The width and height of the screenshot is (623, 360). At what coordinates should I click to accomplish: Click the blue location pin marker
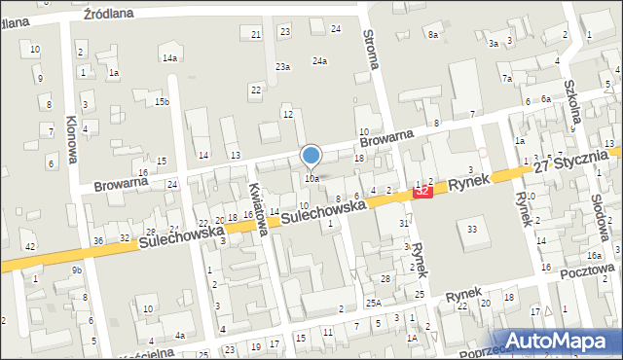[311, 156]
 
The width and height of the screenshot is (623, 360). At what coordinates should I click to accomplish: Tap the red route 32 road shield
[422, 193]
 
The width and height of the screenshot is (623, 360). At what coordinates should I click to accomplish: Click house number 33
[472, 229]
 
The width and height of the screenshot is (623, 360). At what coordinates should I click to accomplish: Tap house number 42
[30, 246]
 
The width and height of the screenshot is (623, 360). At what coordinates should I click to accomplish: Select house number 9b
[77, 270]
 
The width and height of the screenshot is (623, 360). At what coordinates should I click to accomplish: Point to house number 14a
[170, 58]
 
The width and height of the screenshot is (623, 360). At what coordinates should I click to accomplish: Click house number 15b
[163, 101]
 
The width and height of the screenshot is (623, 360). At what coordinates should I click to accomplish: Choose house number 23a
[282, 66]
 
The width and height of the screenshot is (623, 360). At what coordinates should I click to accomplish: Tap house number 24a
[319, 60]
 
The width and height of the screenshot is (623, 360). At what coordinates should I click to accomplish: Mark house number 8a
[432, 35]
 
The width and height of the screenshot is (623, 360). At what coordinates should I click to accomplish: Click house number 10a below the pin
[311, 179]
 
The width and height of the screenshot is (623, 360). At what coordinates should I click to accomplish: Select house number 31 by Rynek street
[404, 224]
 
